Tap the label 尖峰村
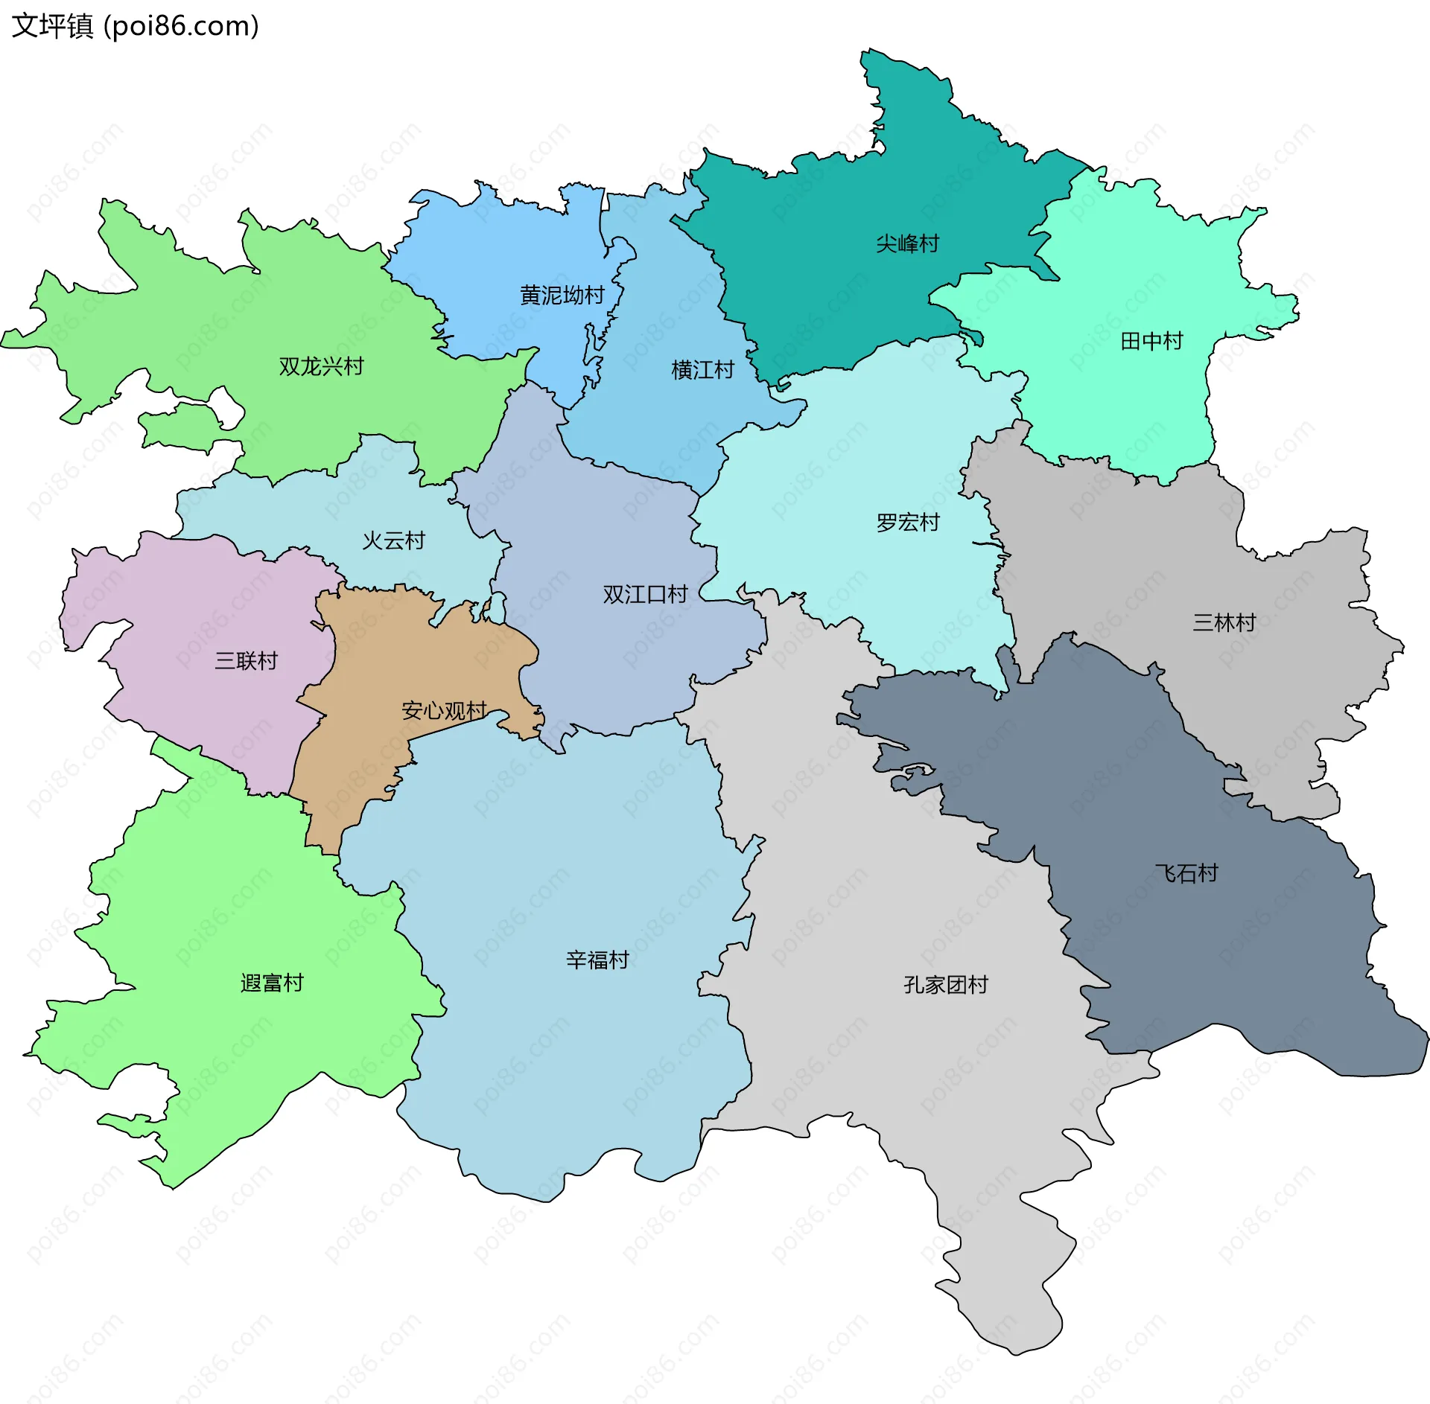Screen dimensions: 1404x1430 [x=907, y=243]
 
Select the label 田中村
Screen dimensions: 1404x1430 [x=1151, y=341]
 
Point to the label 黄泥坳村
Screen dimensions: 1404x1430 [x=562, y=296]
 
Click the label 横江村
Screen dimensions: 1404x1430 [x=702, y=369]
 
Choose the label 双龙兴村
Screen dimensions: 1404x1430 [x=321, y=366]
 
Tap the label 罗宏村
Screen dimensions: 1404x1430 [x=907, y=523]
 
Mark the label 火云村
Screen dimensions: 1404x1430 [x=393, y=540]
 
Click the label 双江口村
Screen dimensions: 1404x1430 [x=645, y=594]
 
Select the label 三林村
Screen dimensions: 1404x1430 [x=1224, y=622]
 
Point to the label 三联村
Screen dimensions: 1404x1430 [x=246, y=660]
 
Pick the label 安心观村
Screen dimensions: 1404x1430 [x=444, y=710]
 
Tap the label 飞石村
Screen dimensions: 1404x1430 [x=1186, y=873]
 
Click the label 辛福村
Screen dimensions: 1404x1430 [x=597, y=960]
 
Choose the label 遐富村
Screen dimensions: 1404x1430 [x=272, y=983]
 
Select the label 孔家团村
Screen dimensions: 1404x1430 [x=945, y=985]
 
